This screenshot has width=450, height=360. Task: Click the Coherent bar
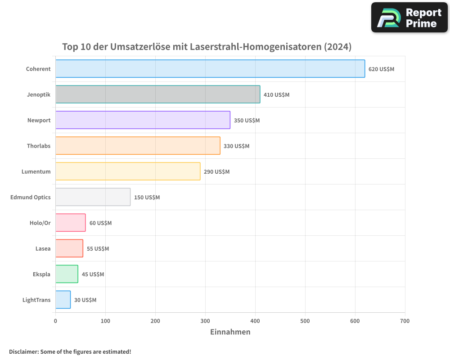pyautogui.click(x=210, y=68)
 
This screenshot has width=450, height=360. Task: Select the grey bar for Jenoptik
pyautogui.click(x=157, y=94)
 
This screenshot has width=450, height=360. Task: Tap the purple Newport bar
pyautogui.click(x=143, y=120)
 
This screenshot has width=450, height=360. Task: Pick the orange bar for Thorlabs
pyautogui.click(x=138, y=146)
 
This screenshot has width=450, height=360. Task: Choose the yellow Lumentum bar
pyautogui.click(x=128, y=171)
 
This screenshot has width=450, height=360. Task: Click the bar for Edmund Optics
pyautogui.click(x=93, y=197)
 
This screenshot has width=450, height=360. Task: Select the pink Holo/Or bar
pyautogui.click(x=70, y=223)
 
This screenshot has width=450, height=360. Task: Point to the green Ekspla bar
pyautogui.click(x=67, y=274)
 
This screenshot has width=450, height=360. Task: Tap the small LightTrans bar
pyautogui.click(x=63, y=300)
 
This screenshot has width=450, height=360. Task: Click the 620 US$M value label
pyautogui.click(x=381, y=69)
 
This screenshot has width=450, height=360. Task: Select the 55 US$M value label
pyautogui.click(x=98, y=249)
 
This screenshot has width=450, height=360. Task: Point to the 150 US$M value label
pyautogui.click(x=147, y=198)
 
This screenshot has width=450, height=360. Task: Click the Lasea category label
pyautogui.click(x=43, y=248)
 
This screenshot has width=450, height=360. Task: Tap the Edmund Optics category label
pyautogui.click(x=30, y=197)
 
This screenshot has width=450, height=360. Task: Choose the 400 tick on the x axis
pyautogui.click(x=255, y=321)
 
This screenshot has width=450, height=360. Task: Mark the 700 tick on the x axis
pyautogui.click(x=405, y=321)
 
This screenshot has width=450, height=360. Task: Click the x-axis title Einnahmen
pyautogui.click(x=230, y=332)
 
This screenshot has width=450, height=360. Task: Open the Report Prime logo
pyautogui.click(x=409, y=18)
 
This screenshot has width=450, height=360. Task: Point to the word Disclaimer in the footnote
pyautogui.click(x=24, y=351)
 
